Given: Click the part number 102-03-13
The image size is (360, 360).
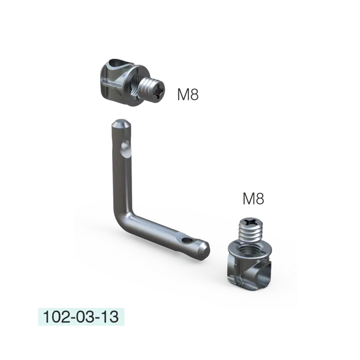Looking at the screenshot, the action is (x=81, y=317).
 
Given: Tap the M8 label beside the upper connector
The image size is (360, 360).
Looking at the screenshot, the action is (x=188, y=94).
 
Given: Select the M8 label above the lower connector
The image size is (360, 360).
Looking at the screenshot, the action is (x=253, y=199).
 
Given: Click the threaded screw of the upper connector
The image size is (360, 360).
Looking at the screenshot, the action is (x=152, y=90).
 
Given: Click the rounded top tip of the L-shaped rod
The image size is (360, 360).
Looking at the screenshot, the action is (x=121, y=123).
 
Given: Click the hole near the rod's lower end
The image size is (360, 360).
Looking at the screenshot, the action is (x=187, y=240).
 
